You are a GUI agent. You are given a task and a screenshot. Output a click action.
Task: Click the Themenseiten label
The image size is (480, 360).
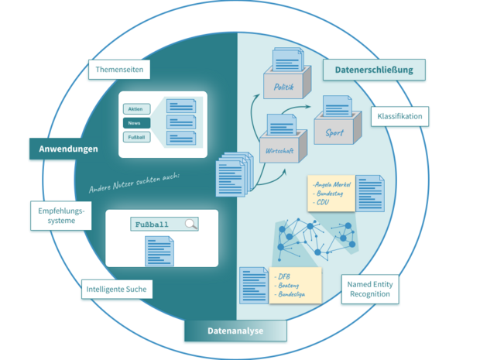(118, 70)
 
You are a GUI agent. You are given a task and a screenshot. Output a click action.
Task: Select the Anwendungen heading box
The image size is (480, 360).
(67, 148)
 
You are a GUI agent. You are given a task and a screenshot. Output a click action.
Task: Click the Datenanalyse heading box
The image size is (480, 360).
(235, 331)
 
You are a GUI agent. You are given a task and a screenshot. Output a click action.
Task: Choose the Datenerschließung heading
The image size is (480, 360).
(374, 70)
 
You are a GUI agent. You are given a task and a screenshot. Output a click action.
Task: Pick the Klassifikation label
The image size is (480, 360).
(399, 117)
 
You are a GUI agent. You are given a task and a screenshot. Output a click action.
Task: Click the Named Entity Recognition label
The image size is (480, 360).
(369, 290)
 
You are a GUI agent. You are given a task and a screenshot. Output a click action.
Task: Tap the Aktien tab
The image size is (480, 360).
(135, 109)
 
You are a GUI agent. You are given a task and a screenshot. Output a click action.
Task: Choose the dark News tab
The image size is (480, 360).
(135, 123)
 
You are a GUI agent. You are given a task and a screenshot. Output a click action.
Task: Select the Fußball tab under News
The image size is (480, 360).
(135, 137)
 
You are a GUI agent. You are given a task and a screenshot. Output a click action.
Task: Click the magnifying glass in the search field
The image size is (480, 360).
(190, 225)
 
